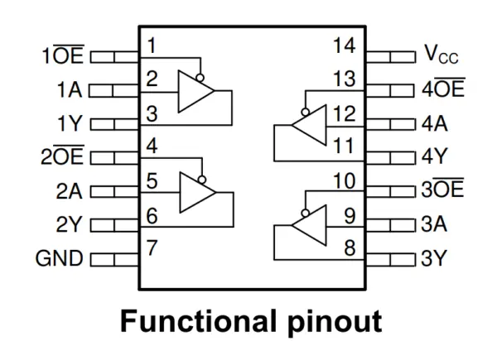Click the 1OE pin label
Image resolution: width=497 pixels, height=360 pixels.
64,56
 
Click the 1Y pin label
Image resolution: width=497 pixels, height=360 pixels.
69,124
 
